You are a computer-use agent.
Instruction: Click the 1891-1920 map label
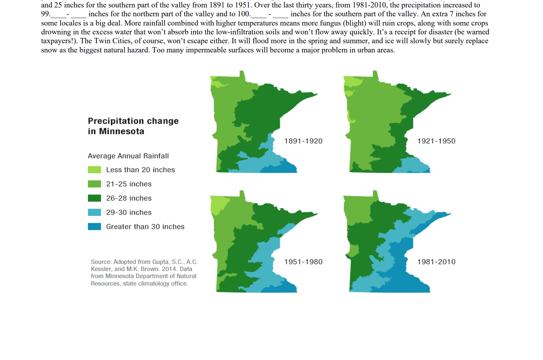pyautogui.click(x=303, y=141)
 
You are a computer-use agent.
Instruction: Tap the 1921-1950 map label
pyautogui.click(x=436, y=141)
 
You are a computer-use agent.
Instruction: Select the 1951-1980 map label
pyautogui.click(x=303, y=262)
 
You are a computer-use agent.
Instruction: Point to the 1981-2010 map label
pyautogui.click(x=436, y=262)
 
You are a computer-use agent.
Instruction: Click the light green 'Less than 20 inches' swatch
pyautogui.click(x=94, y=170)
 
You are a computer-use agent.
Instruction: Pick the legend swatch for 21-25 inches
pyautogui.click(x=94, y=184)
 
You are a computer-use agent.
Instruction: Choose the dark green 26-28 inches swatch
pyautogui.click(x=94, y=198)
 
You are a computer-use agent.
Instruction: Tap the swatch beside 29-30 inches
pyautogui.click(x=94, y=212)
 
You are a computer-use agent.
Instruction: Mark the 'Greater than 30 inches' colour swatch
pyautogui.click(x=94, y=226)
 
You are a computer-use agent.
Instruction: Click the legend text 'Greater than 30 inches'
pyautogui.click(x=145, y=227)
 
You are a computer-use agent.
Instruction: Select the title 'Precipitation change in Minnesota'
pyautogui.click(x=133, y=126)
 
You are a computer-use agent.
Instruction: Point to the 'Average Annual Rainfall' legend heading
pyautogui.click(x=128, y=156)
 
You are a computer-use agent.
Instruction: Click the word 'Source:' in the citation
pyautogui.click(x=101, y=262)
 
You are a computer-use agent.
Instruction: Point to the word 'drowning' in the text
pyautogui.click(x=56, y=32)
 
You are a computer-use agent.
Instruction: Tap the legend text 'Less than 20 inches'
pyautogui.click(x=140, y=170)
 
